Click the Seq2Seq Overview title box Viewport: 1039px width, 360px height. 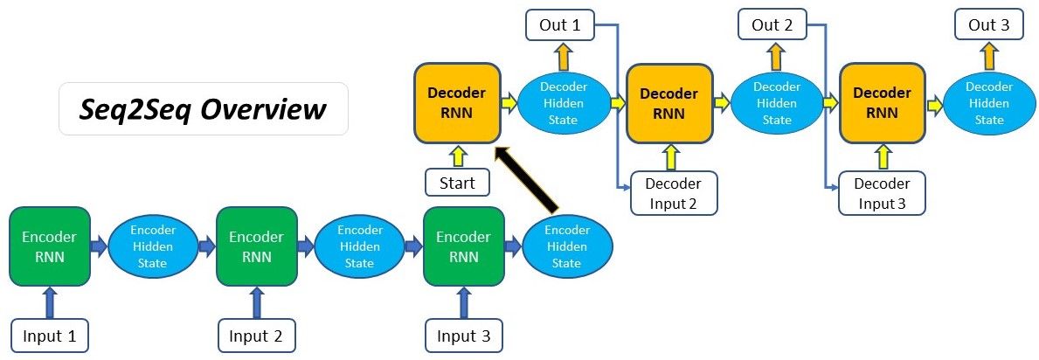pos(203,109)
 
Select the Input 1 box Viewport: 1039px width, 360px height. pos(50,336)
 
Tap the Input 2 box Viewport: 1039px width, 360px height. pos(256,336)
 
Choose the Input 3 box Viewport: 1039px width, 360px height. pos(464,336)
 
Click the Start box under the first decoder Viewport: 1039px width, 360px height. pos(457,183)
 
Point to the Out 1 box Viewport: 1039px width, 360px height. pos(560,25)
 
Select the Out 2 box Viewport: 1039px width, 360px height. pos(772,25)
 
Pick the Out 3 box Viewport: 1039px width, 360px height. pos(988,25)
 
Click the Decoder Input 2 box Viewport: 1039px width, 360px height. pos(673,193)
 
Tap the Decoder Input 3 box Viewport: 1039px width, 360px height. pos(882,193)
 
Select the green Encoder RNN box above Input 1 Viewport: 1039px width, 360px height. pos(49,246)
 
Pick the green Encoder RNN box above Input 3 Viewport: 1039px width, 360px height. pos(463,246)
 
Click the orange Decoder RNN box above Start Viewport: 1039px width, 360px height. pos(456,103)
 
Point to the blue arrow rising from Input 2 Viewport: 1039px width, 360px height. pos(256,302)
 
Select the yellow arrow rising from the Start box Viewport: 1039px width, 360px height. pos(457,156)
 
